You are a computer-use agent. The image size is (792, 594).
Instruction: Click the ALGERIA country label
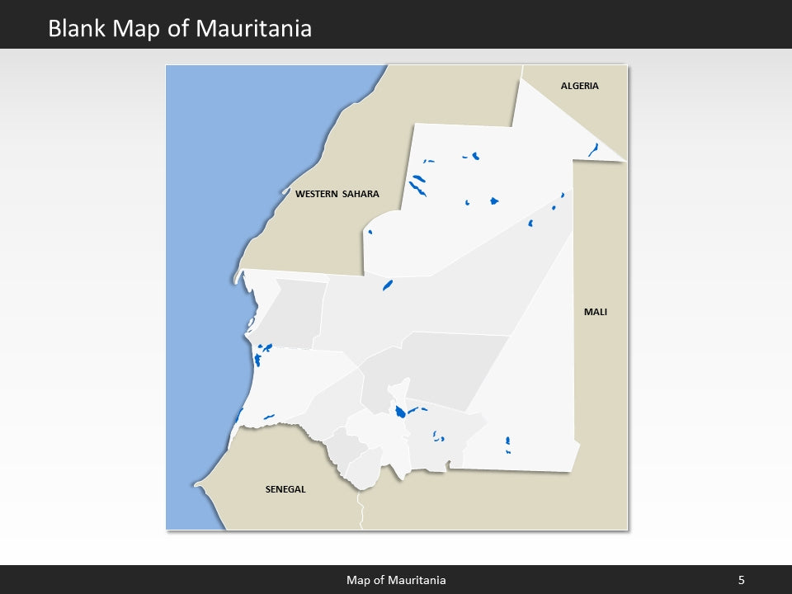point(579,86)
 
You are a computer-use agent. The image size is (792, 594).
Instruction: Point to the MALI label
point(595,312)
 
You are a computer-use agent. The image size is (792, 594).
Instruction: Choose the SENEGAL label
point(285,489)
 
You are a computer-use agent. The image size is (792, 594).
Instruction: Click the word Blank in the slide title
point(77,29)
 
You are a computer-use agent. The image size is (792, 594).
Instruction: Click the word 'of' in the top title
point(177,29)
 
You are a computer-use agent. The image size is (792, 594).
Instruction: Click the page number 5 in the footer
point(741,580)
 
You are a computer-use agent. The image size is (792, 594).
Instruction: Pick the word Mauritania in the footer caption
point(417,580)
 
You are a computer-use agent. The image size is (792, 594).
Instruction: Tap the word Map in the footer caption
point(358,580)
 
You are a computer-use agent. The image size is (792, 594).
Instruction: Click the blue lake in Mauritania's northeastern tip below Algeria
point(593,149)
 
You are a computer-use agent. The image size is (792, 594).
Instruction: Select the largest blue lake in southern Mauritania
point(399,411)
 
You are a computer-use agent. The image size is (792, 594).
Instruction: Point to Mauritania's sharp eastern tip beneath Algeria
point(625,161)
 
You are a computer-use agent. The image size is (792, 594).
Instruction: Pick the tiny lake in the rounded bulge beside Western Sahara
point(370,232)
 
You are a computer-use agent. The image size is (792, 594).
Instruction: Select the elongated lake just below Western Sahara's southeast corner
point(387,285)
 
